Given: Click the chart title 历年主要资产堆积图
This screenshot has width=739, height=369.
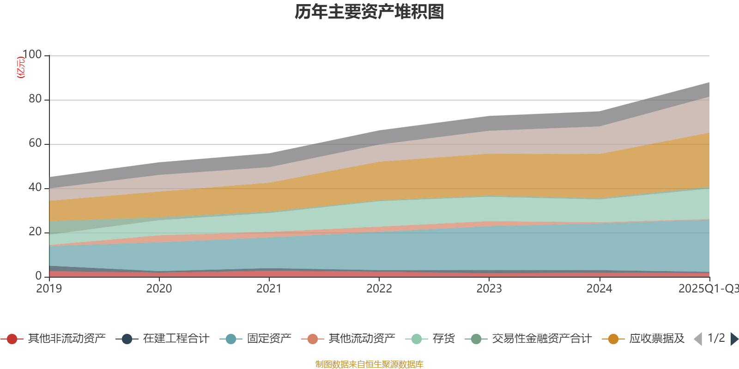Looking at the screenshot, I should click(x=369, y=12).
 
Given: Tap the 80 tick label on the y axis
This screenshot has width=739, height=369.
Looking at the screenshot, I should click(x=35, y=99).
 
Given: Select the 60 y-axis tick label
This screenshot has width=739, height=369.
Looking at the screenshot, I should click(x=35, y=143).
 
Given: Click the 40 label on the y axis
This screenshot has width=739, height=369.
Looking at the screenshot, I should click(x=35, y=188).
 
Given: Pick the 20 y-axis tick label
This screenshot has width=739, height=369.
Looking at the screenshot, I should click(x=35, y=232).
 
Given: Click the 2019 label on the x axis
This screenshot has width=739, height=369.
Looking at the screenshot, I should click(x=49, y=289).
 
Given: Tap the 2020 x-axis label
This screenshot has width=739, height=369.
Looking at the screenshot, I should click(x=159, y=289).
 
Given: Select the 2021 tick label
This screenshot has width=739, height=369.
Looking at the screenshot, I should click(x=269, y=289).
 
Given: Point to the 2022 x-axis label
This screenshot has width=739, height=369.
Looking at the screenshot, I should click(x=379, y=289).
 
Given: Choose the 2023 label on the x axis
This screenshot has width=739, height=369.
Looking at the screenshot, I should click(x=489, y=289).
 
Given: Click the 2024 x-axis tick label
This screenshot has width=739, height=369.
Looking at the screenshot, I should click(x=599, y=289).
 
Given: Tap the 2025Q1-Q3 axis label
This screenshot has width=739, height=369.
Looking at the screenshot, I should click(x=708, y=289).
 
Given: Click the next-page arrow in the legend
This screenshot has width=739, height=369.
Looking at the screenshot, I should click(x=734, y=339).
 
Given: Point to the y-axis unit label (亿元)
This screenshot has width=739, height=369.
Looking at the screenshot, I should click(x=20, y=67).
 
